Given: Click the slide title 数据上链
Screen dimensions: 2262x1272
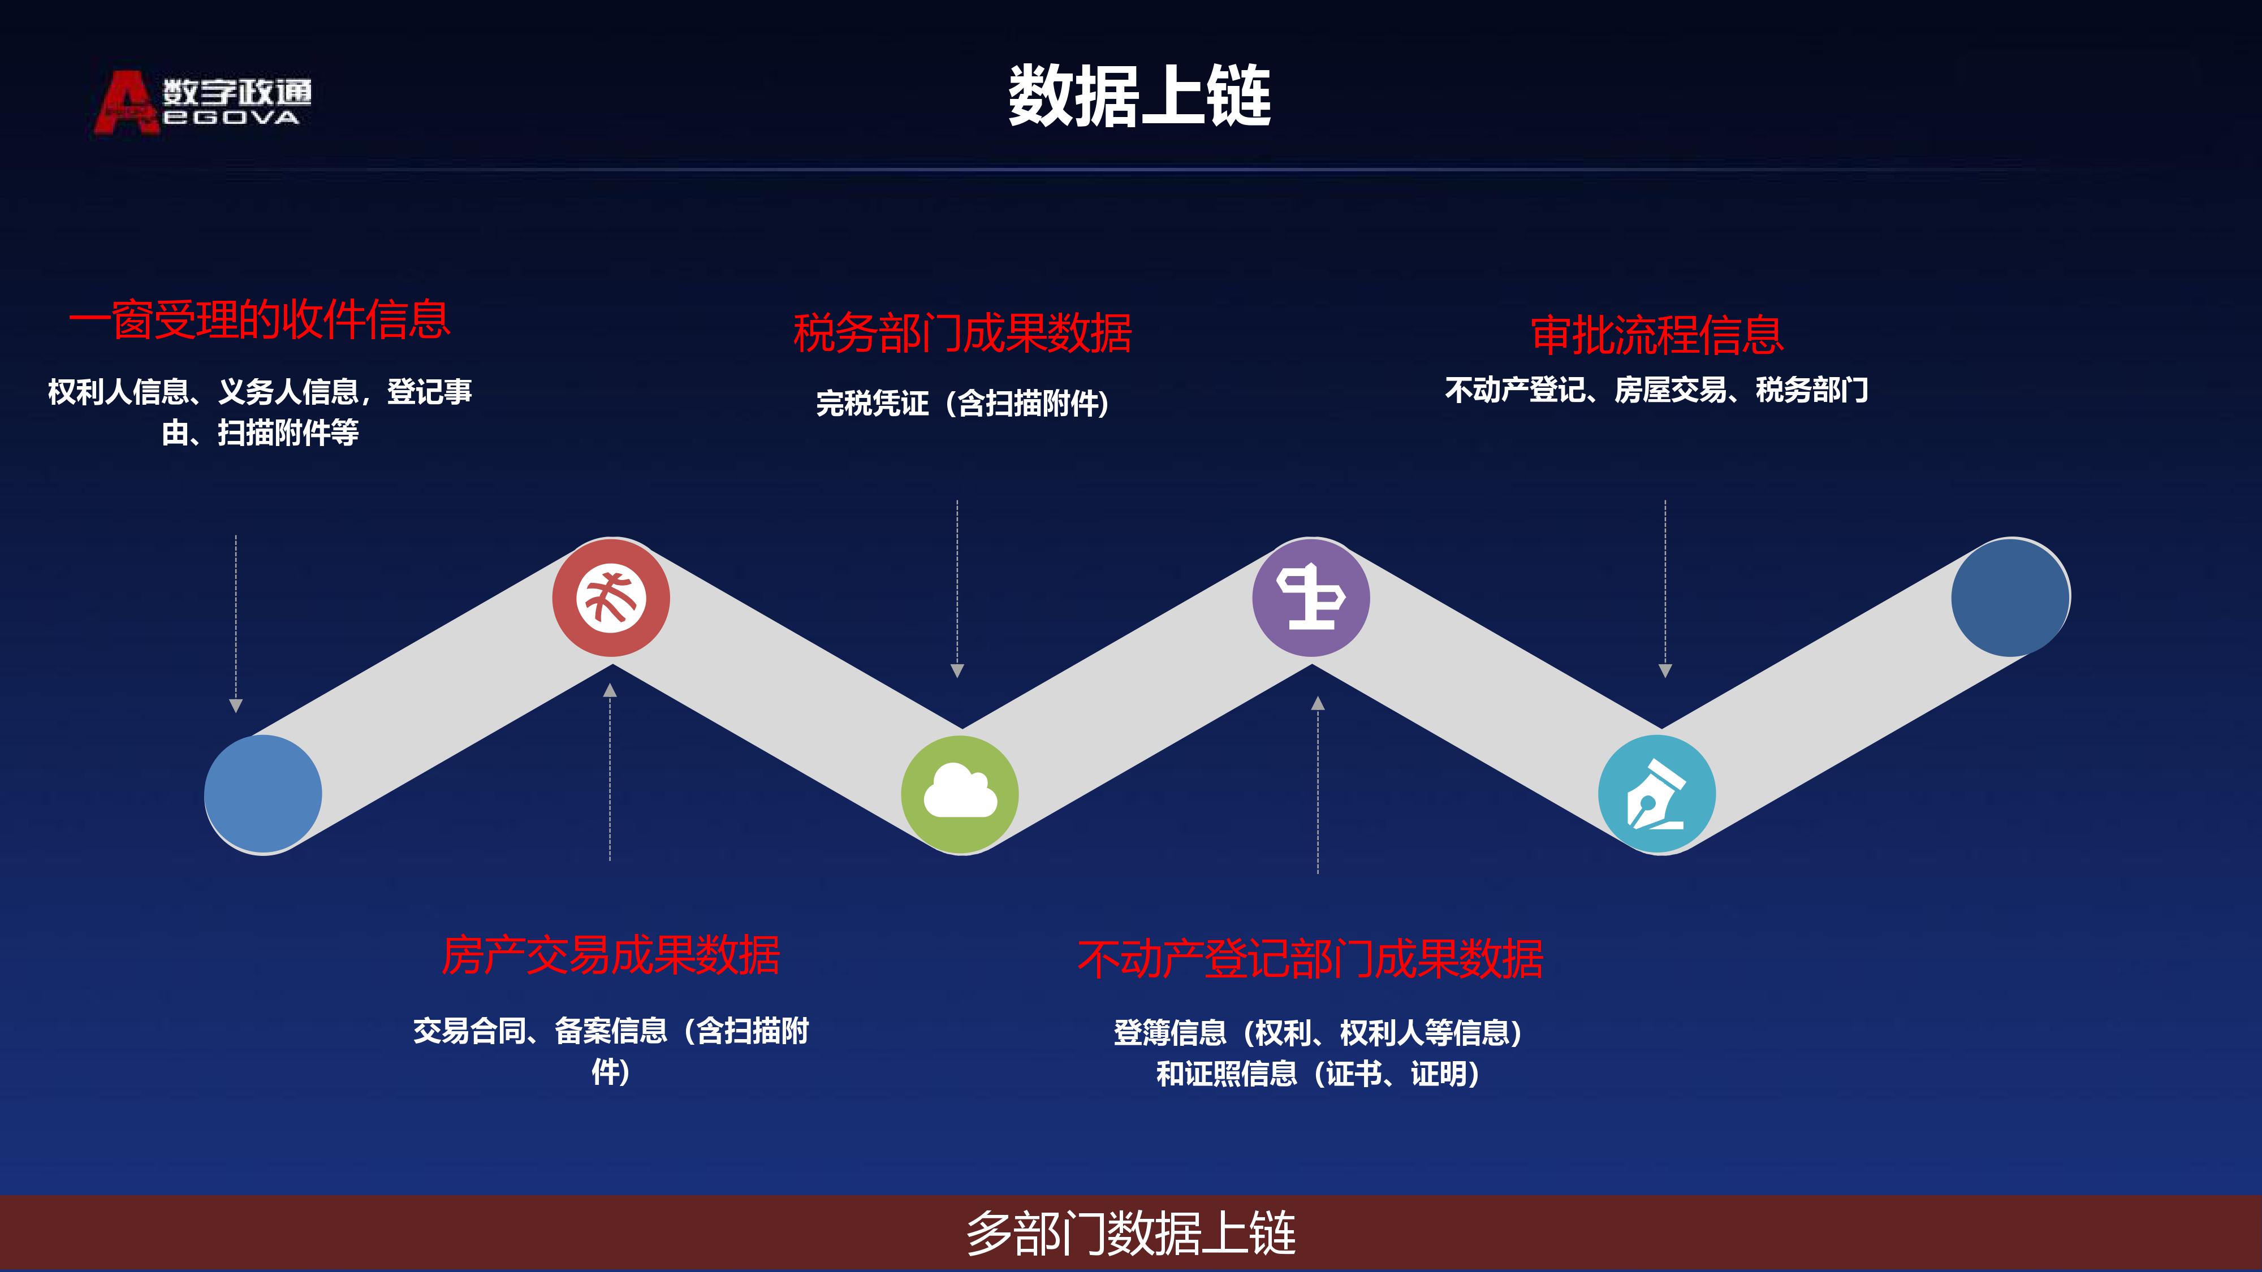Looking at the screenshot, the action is click(1139, 96).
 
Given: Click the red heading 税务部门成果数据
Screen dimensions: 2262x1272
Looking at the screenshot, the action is click(962, 333).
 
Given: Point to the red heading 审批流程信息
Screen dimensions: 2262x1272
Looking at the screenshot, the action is click(1657, 335).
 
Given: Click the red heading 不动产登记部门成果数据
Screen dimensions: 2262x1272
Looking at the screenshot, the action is click(1310, 959).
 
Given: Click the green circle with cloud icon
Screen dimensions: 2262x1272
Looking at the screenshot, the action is click(960, 794).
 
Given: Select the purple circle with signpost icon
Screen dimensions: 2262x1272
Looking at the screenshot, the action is click(1311, 598).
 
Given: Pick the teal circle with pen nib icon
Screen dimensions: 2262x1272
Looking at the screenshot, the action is click(1657, 794).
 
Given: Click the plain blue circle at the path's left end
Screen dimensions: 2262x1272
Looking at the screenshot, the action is click(264, 794).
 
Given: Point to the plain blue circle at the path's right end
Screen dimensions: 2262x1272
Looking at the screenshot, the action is click(2010, 598).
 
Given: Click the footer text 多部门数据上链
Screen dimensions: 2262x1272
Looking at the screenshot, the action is click(1131, 1234).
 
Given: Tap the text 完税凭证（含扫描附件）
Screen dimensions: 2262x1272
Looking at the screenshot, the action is click(962, 404).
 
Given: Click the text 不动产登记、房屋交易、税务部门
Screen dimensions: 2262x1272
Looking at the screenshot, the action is click(1657, 390).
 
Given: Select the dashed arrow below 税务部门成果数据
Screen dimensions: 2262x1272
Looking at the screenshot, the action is click(957, 588).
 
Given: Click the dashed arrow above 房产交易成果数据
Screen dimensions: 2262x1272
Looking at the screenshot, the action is click(610, 772).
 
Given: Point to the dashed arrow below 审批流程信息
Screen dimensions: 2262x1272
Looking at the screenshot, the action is click(1665, 588).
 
